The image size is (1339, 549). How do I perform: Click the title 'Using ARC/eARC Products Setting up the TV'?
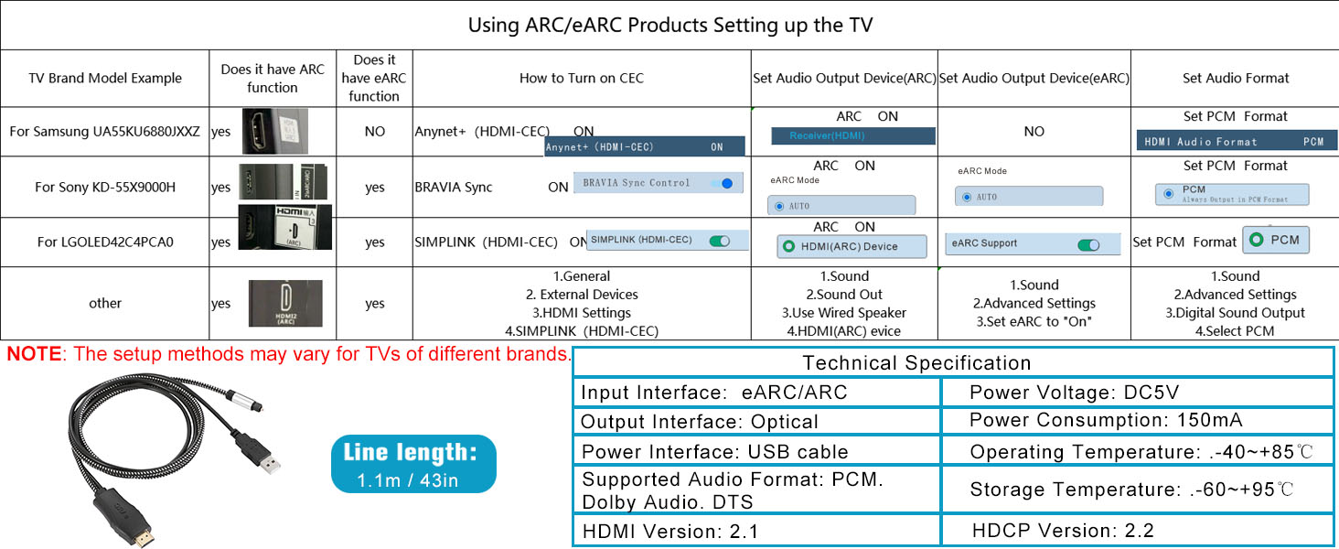click(669, 25)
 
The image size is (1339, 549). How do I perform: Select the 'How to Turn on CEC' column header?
click(581, 78)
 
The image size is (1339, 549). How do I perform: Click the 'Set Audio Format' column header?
click(1235, 78)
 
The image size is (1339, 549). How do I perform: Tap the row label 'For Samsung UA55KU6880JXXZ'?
click(104, 131)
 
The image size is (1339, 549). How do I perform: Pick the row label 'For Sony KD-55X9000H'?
click(104, 188)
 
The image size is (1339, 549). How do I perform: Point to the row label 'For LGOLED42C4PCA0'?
click(104, 242)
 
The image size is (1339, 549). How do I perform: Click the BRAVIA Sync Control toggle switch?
click(723, 183)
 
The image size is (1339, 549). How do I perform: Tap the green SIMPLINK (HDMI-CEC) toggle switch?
click(720, 241)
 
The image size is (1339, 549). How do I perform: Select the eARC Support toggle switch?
click(1088, 244)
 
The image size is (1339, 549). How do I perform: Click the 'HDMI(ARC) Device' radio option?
click(851, 246)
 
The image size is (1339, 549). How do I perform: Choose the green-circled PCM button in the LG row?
click(1275, 240)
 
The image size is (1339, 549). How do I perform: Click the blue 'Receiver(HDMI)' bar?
click(852, 135)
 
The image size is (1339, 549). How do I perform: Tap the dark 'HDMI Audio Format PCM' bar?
click(1235, 141)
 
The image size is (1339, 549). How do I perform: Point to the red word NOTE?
click(33, 354)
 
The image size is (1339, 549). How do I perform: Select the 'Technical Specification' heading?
click(916, 362)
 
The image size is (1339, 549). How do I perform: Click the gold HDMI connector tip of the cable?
click(144, 540)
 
